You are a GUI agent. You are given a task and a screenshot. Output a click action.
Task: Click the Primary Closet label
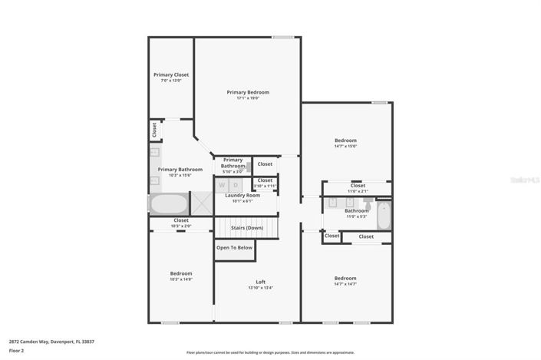coord(170,75)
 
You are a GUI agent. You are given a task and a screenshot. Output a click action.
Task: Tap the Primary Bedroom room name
coord(247,92)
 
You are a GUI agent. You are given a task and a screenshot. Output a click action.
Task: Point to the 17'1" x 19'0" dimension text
coord(247,98)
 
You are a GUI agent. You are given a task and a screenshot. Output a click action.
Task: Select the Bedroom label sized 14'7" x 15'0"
coord(345,140)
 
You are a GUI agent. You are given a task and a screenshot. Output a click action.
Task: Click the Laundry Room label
coord(242,196)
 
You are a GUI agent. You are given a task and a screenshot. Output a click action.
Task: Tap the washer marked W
coord(222,185)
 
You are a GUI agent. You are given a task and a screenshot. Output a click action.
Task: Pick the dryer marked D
coord(236,185)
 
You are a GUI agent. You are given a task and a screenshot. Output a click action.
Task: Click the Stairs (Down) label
coord(246,228)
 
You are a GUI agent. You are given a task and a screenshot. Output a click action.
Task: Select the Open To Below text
coord(234,248)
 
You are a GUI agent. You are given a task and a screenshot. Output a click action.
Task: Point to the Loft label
coord(260,282)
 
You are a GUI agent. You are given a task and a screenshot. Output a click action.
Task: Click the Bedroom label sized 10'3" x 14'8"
coord(181,273)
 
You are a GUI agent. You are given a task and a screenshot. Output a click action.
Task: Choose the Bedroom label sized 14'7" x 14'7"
coord(345,278)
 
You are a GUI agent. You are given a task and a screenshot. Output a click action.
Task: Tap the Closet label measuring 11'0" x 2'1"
coord(358,186)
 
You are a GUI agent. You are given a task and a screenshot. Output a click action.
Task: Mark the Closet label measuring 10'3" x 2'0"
coord(180,221)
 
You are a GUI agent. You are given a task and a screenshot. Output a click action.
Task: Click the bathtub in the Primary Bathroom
coord(168,205)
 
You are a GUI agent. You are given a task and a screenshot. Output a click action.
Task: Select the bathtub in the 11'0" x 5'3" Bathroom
coord(384,216)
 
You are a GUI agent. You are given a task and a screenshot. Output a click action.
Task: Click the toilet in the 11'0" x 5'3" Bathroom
coord(368,205)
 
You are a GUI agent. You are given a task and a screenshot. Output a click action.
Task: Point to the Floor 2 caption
coord(17,351)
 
